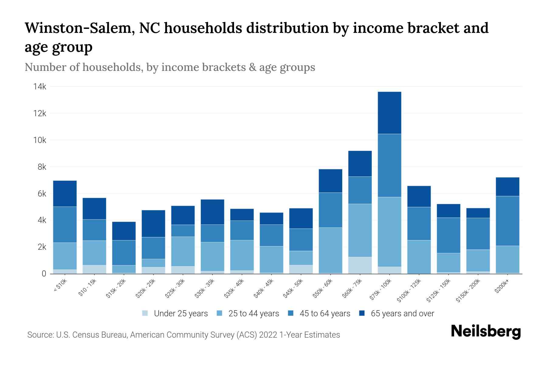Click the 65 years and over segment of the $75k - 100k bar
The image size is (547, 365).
click(389, 113)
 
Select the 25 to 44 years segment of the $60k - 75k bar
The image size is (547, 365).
click(360, 230)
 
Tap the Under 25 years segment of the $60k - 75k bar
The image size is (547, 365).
click(360, 265)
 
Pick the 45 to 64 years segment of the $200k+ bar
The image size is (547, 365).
click(507, 221)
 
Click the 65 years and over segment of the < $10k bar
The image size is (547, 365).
click(65, 194)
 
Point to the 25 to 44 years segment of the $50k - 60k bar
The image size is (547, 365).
click(330, 250)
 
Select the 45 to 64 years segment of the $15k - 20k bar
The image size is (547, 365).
click(124, 253)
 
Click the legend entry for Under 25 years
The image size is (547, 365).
click(175, 314)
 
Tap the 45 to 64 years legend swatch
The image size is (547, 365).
click(291, 313)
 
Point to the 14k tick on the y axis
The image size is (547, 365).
click(40, 87)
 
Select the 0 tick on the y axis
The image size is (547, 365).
click(44, 274)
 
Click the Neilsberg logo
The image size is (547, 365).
click(486, 331)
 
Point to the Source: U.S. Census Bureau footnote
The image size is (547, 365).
click(184, 335)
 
